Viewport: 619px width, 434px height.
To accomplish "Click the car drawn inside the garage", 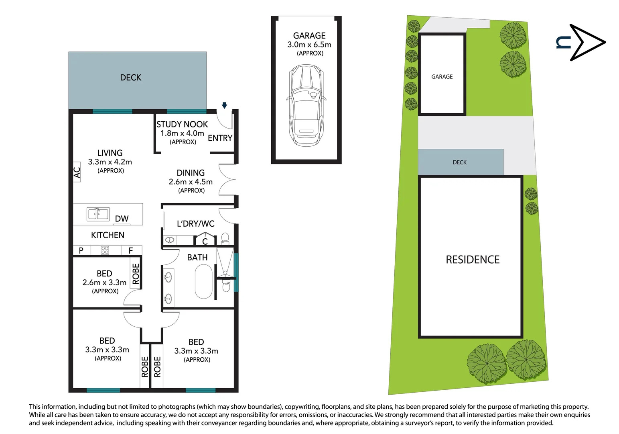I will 306,105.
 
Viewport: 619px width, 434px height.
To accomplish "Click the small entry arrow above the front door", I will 224,105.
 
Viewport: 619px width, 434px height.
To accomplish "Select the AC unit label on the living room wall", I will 77,172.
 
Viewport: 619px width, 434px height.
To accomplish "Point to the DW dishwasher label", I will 122,219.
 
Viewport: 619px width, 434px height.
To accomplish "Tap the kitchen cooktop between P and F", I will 105,250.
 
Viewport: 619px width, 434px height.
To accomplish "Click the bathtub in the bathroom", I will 204,281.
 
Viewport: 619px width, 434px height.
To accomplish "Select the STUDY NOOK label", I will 182,125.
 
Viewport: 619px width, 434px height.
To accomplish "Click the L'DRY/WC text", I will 196,224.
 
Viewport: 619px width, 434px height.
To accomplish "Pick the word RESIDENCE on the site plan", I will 473,260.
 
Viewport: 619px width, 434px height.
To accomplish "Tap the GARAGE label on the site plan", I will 442,77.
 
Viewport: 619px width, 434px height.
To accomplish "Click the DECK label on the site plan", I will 459,162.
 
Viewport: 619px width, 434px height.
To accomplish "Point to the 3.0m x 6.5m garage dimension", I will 309,45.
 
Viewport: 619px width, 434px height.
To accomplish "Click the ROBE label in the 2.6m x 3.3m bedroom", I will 136,274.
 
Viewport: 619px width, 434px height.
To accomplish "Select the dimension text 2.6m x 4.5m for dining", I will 191,182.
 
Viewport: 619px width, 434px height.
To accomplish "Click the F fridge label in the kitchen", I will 131,250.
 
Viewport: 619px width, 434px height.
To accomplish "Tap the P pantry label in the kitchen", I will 81,250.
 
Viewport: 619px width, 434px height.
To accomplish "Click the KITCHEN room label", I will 108,235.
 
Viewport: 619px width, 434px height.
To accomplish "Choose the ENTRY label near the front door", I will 220,138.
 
